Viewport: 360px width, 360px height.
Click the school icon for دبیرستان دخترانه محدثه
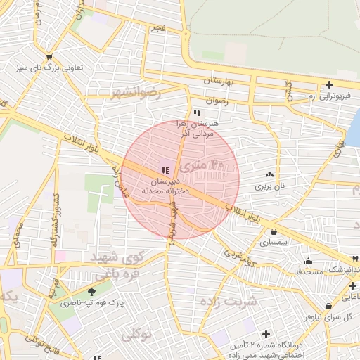(x=165, y=169)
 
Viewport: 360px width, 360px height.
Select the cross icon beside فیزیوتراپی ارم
(x=329, y=84)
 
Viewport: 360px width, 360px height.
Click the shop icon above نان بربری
(x=269, y=174)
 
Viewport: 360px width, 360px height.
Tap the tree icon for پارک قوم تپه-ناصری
(x=91, y=291)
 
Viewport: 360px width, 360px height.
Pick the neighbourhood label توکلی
(x=136, y=334)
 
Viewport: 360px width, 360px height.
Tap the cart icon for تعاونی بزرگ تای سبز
(x=49, y=57)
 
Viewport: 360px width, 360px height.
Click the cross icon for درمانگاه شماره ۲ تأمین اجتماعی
(x=266, y=333)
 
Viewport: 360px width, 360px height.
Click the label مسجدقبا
(x=307, y=270)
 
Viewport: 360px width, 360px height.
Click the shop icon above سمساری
(x=273, y=231)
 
